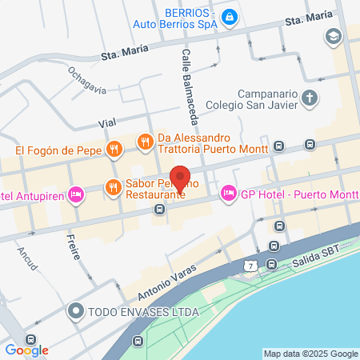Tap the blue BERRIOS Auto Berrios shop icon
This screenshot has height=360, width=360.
[x=228, y=16]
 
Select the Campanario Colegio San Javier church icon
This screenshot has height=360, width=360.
[x=311, y=98]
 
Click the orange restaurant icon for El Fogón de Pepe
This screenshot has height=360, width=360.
[x=114, y=149]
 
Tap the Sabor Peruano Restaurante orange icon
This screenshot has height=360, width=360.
[x=113, y=188]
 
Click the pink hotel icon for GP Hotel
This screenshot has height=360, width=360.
[x=228, y=192]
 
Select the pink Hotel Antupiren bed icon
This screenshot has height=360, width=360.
[x=77, y=194]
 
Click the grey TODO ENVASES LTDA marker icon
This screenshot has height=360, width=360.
[x=77, y=310]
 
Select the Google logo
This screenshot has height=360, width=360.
[x=26, y=349]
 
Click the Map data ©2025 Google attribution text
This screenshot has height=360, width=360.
[x=310, y=354]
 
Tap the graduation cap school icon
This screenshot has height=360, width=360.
[x=332, y=36]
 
